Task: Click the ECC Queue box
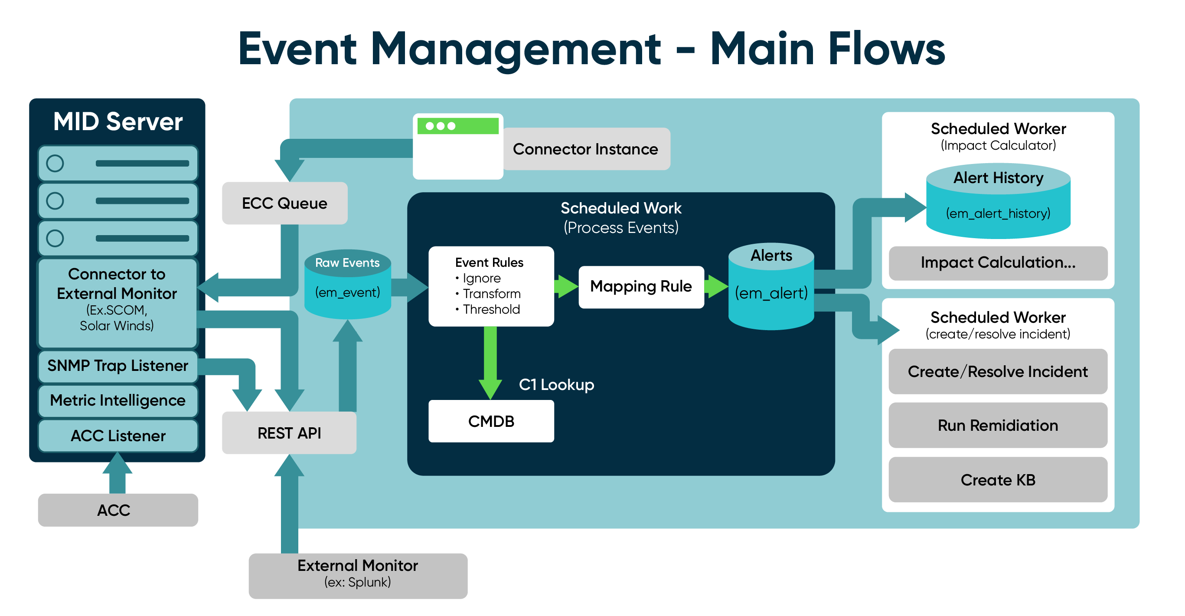pyautogui.click(x=284, y=203)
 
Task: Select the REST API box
pyautogui.click(x=289, y=433)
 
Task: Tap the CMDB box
pyautogui.click(x=491, y=421)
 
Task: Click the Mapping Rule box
pyautogui.click(x=641, y=286)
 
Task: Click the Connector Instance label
pyautogui.click(x=585, y=149)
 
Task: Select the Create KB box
pyautogui.click(x=997, y=479)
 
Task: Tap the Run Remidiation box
pyautogui.click(x=997, y=425)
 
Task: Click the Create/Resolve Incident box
pyautogui.click(x=997, y=371)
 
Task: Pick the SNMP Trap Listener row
pyautogui.click(x=118, y=366)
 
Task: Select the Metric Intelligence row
pyautogui.click(x=118, y=400)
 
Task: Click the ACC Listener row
pyautogui.click(x=118, y=436)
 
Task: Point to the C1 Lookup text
pyautogui.click(x=556, y=384)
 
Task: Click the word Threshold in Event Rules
pyautogui.click(x=491, y=309)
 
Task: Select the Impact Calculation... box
pyautogui.click(x=997, y=262)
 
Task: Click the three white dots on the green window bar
pyautogui.click(x=440, y=126)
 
